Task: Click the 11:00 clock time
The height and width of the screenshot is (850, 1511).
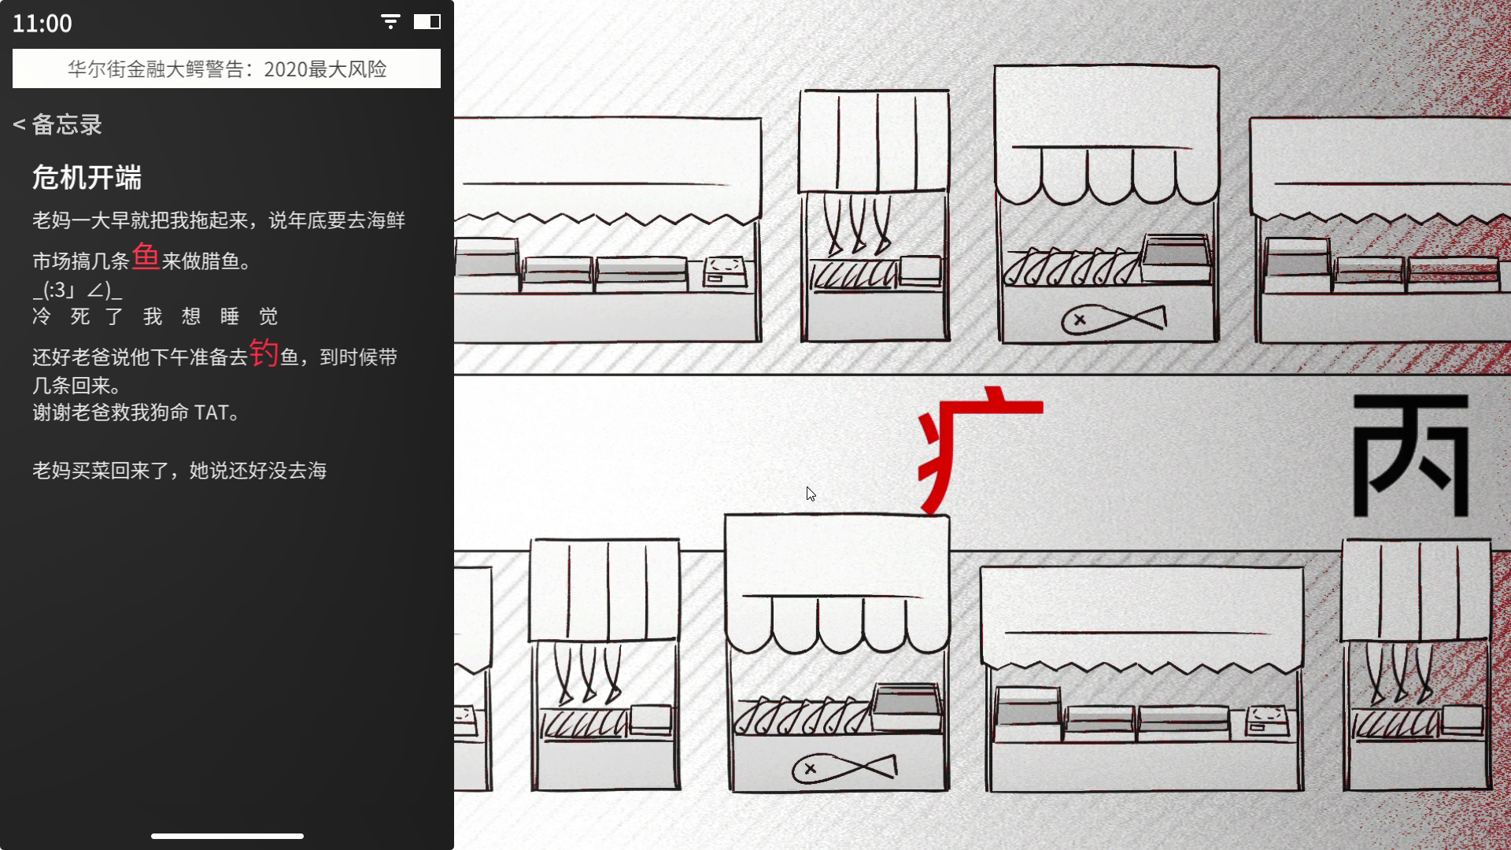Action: point(42,24)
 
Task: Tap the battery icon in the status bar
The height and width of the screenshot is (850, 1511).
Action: point(427,22)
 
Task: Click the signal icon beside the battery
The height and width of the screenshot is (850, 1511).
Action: point(390,22)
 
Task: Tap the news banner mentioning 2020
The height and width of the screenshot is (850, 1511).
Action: point(227,68)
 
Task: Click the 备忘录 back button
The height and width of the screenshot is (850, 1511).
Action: point(58,124)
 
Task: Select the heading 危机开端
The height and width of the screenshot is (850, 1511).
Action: point(87,178)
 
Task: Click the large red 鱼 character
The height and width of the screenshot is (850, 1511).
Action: point(146,257)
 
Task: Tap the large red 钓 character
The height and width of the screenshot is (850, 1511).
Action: point(264,353)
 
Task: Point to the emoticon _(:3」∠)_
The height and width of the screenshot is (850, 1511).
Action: point(77,290)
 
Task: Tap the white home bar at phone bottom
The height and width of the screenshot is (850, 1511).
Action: point(227,836)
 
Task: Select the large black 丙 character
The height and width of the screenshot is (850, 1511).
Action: point(1410,455)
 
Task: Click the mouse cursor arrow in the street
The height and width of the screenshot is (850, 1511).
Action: point(811,493)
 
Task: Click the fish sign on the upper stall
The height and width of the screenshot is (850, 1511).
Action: point(1114,319)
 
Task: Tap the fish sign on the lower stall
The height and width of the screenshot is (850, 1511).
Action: point(844,767)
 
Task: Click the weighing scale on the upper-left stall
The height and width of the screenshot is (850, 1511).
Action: point(724,271)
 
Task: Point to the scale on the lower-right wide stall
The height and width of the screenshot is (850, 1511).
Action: point(1266,720)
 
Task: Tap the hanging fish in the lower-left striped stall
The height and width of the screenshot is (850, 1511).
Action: point(588,673)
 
